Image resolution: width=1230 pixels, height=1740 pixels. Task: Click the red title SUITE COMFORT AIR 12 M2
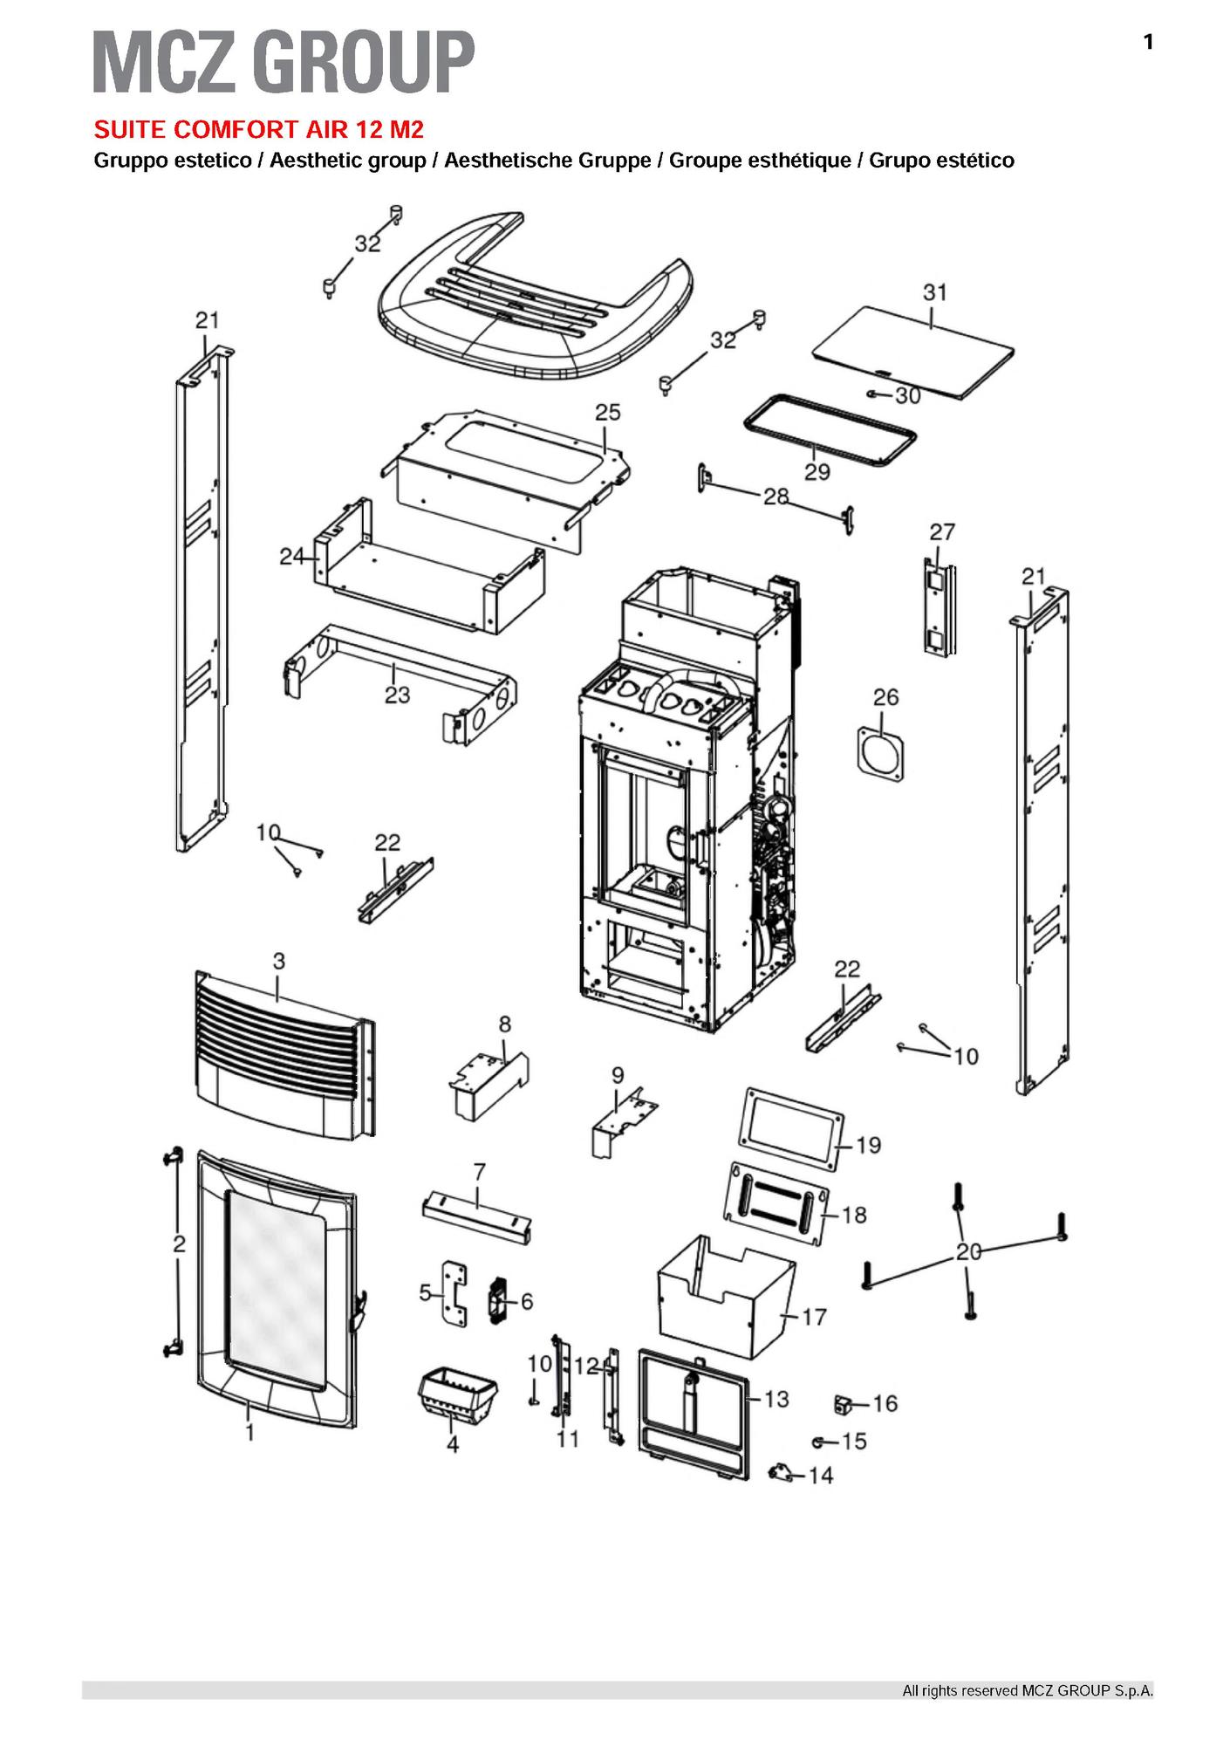point(258,130)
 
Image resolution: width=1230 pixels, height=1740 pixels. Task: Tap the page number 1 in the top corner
point(1148,42)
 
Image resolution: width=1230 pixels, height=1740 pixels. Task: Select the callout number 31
point(934,292)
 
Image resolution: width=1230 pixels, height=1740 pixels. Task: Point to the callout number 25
point(607,412)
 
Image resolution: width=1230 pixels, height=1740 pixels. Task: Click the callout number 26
point(885,697)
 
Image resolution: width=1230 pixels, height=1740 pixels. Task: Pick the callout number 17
point(813,1316)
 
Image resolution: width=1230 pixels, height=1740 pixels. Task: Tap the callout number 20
point(968,1251)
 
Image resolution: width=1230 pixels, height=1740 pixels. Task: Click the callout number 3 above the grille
point(278,961)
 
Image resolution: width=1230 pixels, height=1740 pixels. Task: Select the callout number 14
point(821,1475)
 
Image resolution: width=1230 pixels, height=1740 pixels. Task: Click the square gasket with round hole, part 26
point(881,748)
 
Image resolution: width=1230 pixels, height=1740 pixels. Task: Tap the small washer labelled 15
point(819,1441)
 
